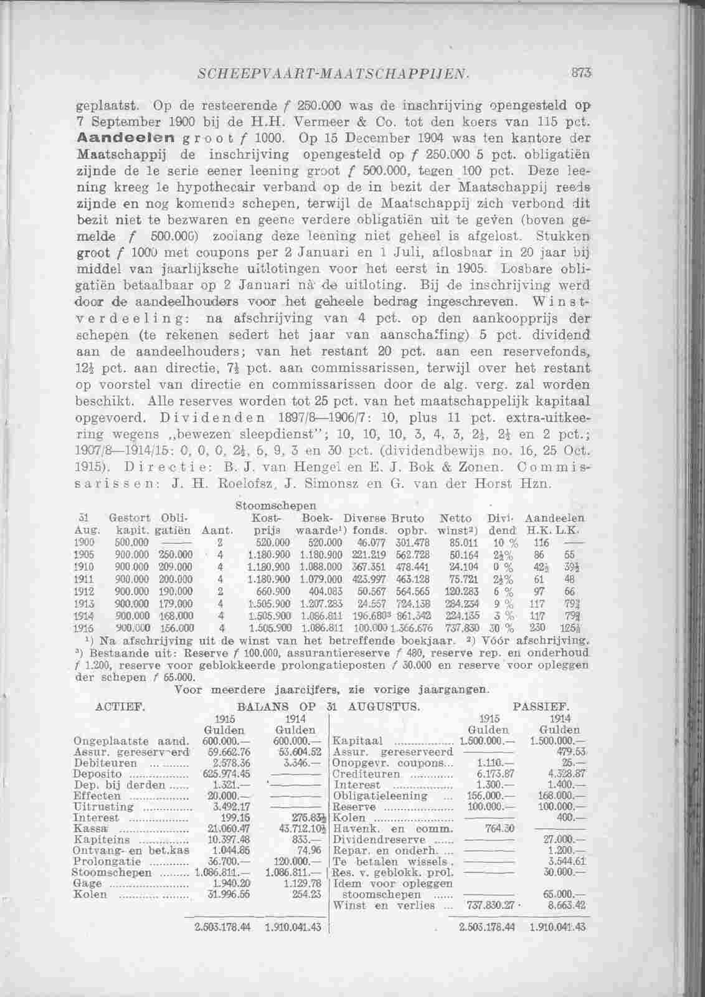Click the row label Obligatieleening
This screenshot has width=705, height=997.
(x=381, y=796)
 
